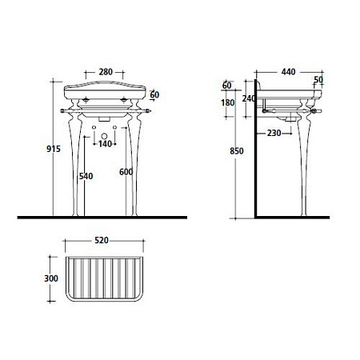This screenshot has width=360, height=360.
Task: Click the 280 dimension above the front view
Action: tap(106, 72)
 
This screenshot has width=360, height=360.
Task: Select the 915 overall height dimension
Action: tap(54, 149)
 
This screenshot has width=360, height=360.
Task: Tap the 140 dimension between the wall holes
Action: tap(105, 144)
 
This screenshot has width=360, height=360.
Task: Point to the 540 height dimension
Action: tap(86, 176)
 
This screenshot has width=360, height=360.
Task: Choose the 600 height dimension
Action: tap(126, 172)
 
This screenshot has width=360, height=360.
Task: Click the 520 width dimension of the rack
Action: tap(102, 240)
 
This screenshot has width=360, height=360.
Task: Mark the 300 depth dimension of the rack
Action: tap(51, 278)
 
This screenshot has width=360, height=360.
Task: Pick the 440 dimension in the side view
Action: tap(288, 72)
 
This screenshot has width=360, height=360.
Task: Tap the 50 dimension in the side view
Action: tap(318, 80)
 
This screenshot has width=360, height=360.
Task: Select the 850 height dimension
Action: tap(237, 151)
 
